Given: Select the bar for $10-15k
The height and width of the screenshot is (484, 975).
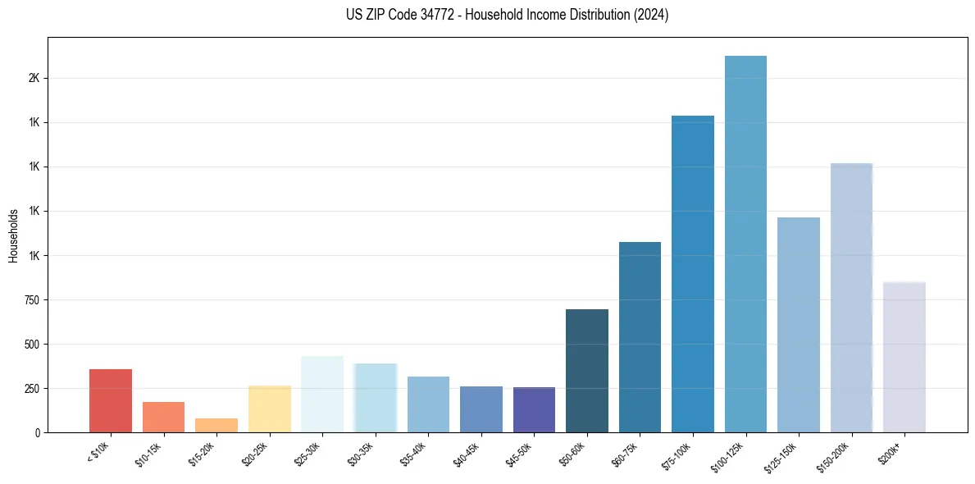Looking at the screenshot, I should click(163, 417).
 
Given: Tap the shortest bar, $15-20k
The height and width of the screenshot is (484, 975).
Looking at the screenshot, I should click(216, 425).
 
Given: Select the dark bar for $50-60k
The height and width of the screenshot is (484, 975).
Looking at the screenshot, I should click(587, 371).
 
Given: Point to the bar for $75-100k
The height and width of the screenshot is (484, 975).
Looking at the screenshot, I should click(693, 274).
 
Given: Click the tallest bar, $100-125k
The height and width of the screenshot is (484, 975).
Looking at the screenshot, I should click(745, 244).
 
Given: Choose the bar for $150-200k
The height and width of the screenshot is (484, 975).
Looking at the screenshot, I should click(851, 298).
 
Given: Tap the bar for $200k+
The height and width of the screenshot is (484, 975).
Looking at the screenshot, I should click(904, 357).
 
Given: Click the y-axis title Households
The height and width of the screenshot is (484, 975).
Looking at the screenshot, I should click(14, 235).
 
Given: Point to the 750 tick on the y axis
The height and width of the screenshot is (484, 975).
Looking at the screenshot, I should click(33, 300).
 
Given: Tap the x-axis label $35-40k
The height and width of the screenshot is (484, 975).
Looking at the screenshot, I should click(413, 454).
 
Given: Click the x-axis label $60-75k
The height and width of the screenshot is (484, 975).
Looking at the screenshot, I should click(625, 454).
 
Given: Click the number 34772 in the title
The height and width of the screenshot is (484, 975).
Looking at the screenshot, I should click(433, 15).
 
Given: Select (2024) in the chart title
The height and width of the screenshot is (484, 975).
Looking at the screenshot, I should click(651, 15).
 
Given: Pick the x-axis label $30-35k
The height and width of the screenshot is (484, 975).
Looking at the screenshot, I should click(361, 454).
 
